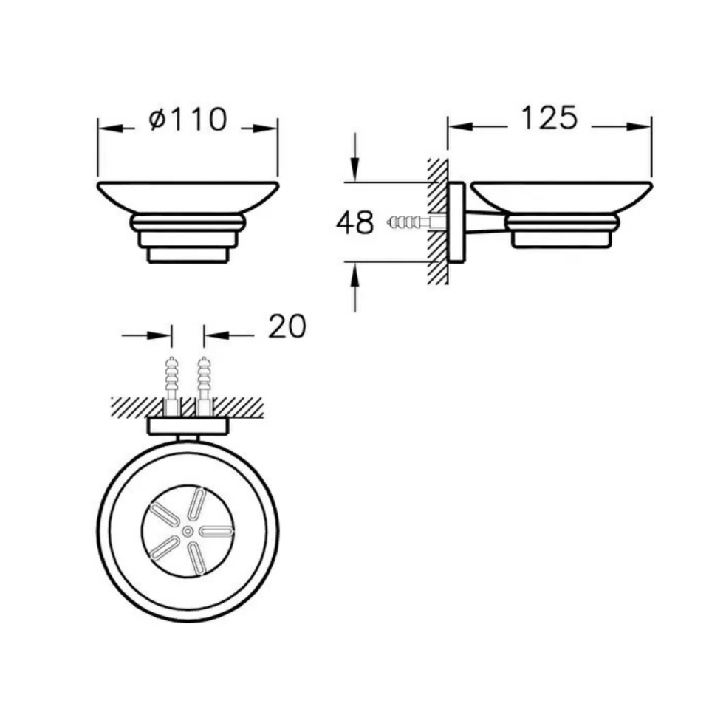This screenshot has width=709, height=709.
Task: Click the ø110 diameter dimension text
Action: (188, 119)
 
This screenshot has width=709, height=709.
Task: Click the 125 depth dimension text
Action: (549, 117)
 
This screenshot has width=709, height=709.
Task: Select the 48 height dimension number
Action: (354, 222)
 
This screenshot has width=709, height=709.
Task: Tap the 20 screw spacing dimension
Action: (287, 326)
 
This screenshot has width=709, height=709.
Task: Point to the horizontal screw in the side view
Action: (408, 220)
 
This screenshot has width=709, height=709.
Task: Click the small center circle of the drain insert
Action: (188, 530)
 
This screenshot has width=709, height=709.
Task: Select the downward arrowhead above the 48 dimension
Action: (356, 171)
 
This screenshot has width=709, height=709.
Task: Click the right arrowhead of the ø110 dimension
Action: (268, 128)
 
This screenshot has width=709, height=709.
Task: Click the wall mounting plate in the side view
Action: (456, 222)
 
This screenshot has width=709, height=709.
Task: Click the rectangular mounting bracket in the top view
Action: (188, 426)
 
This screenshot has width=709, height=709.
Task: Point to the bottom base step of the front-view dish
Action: (188, 254)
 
